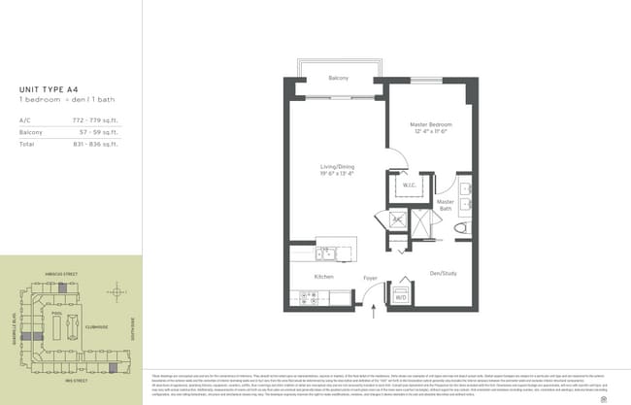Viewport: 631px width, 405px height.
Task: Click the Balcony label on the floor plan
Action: tap(338, 78)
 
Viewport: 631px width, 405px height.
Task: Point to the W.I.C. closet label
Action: tap(409, 186)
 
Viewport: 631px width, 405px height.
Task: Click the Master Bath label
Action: tap(446, 205)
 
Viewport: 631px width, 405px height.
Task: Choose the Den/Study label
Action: tap(443, 273)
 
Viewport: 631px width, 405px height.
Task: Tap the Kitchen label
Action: tap(323, 277)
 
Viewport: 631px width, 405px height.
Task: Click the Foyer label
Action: tap(370, 278)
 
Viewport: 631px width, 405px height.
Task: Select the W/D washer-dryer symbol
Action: tap(400, 296)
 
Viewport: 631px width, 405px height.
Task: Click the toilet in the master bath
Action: tap(461, 229)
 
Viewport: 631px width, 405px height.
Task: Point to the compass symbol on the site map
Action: tap(116, 291)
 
